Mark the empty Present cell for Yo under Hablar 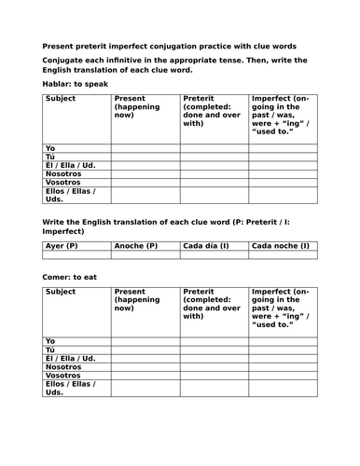(145, 147)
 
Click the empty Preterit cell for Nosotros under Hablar (215, 173)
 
